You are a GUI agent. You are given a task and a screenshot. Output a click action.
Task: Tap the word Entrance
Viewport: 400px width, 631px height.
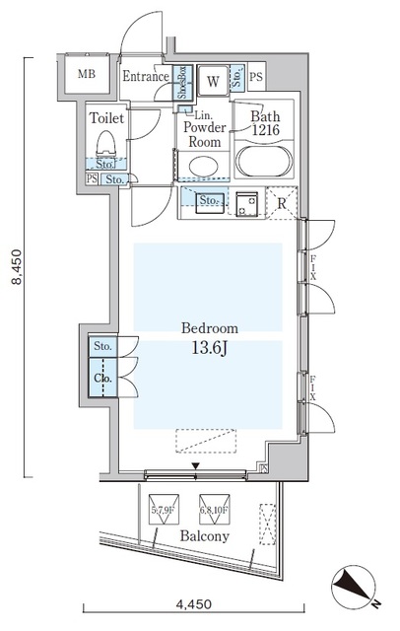pyautogui.click(x=147, y=76)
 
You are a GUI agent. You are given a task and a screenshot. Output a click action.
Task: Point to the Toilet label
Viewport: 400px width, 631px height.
pyautogui.click(x=106, y=117)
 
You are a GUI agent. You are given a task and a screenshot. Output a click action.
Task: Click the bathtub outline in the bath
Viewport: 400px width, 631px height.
pyautogui.click(x=260, y=161)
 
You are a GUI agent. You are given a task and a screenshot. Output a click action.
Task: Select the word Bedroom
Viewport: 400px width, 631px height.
pyautogui.click(x=208, y=328)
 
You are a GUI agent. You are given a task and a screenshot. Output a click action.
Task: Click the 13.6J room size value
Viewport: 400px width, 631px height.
pyautogui.click(x=208, y=347)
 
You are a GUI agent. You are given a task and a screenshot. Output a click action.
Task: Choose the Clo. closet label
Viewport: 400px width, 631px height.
pyautogui.click(x=102, y=379)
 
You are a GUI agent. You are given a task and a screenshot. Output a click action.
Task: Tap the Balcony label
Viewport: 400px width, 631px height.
pyautogui.click(x=204, y=536)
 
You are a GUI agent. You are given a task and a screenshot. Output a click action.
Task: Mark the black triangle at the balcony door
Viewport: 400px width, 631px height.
pyautogui.click(x=195, y=466)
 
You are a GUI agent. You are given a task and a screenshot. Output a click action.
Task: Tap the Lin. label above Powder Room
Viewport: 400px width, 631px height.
pyautogui.click(x=199, y=113)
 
